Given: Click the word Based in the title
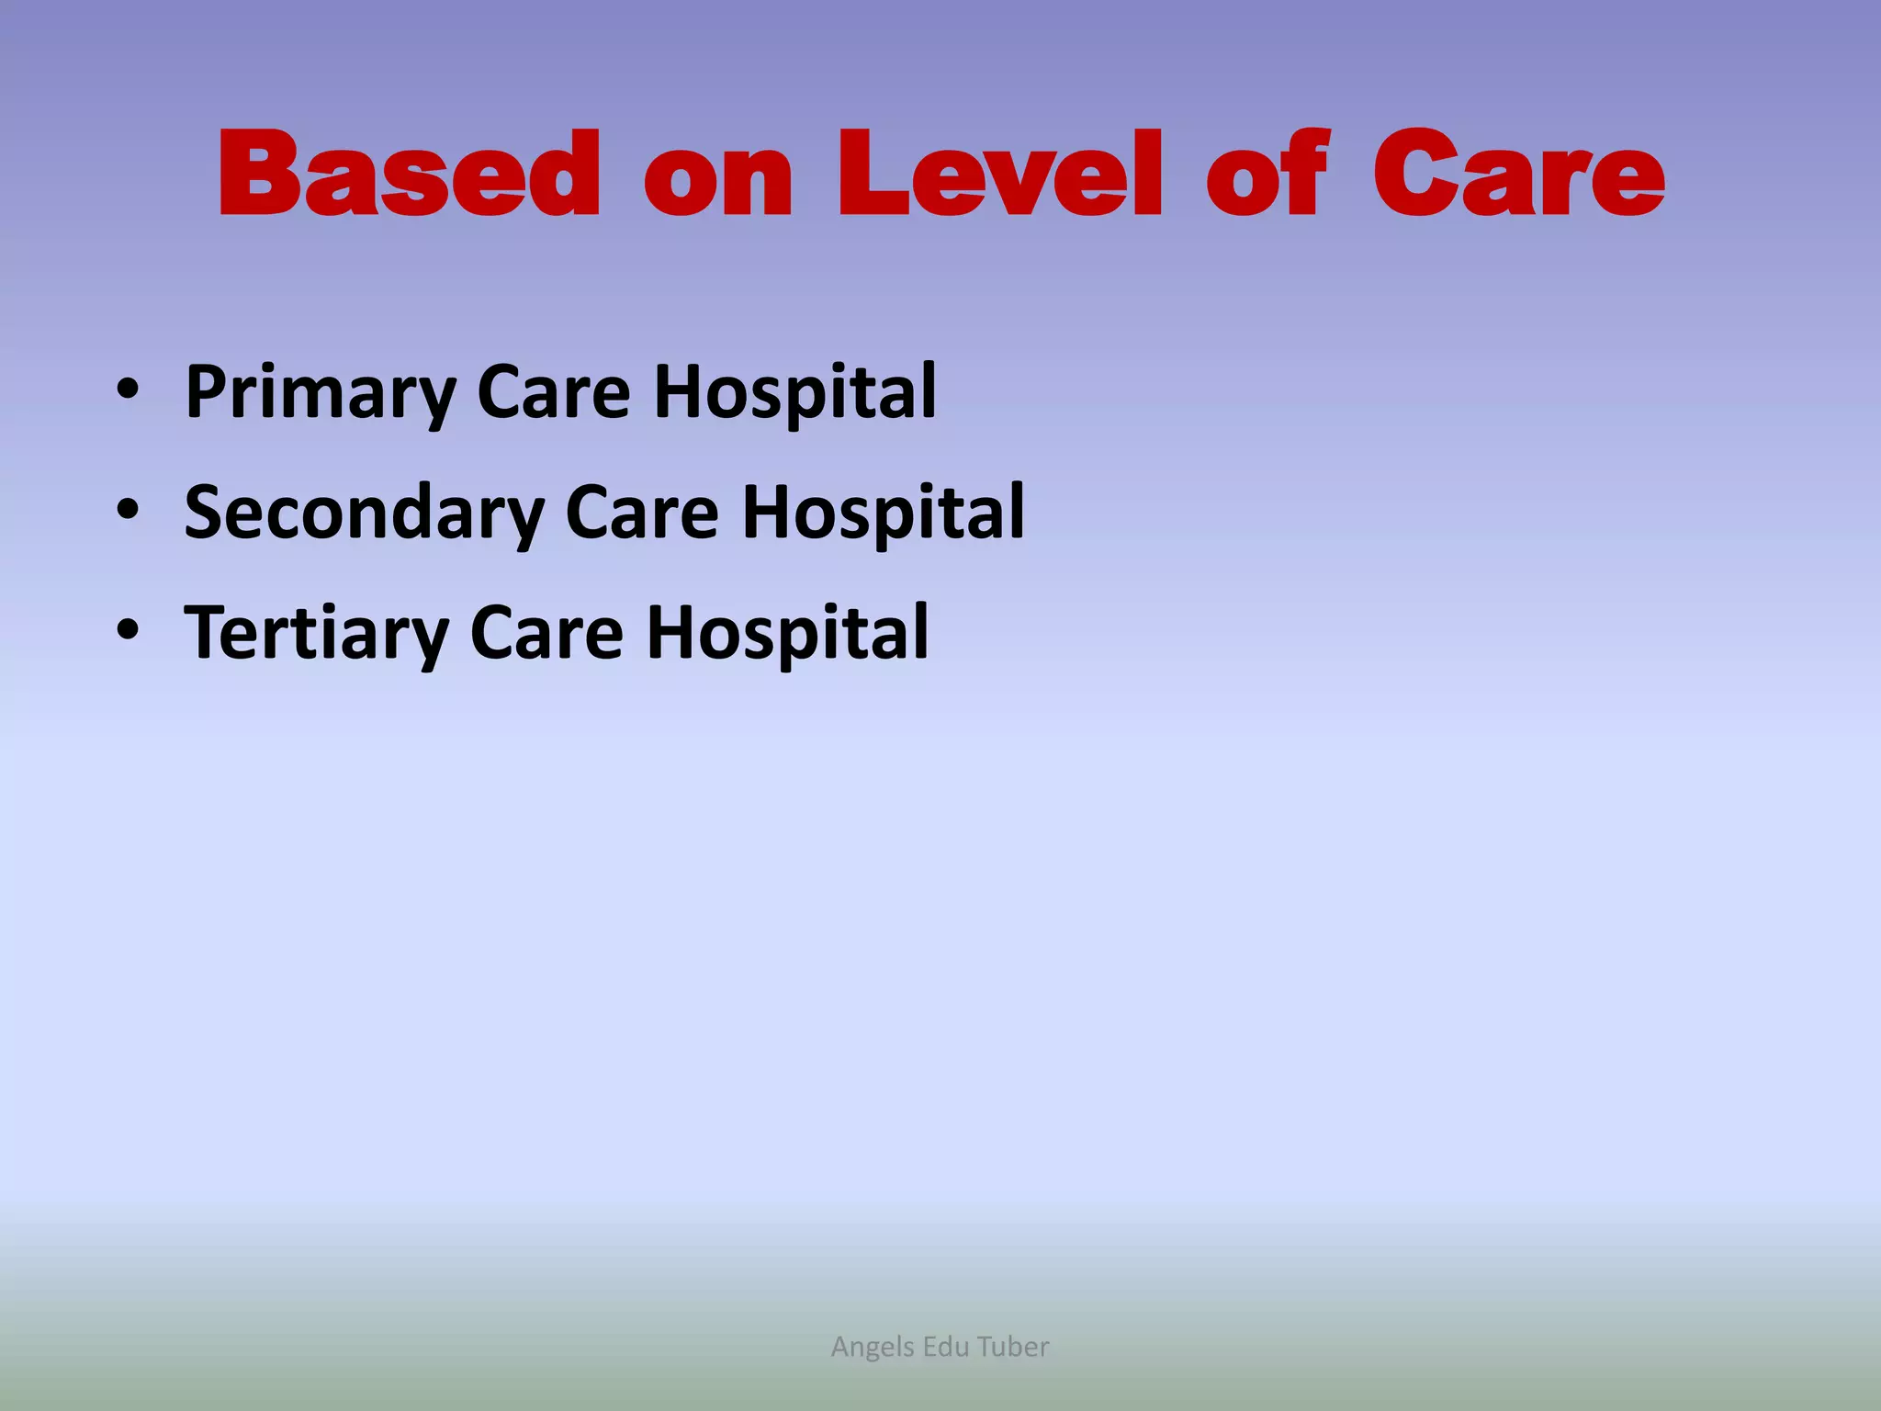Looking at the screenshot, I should pos(409,175).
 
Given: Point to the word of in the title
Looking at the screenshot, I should pos(1267,175).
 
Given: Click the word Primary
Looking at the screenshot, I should pos(319,393).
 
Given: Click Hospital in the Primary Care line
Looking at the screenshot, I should pos(794,393).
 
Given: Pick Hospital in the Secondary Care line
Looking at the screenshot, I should pos(883,513).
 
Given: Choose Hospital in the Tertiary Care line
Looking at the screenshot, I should pos(787,634).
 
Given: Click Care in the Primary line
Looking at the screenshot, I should pos(554,393).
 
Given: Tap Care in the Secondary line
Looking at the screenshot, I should pos(642,513).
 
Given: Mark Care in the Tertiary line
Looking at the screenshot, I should pos(546,634).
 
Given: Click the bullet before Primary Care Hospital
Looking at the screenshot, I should pos(128,390).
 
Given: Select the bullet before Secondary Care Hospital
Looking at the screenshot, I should pos(128,510).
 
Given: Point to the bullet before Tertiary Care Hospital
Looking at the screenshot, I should pos(128,631).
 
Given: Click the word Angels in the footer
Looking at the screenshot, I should pos(873,1347).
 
